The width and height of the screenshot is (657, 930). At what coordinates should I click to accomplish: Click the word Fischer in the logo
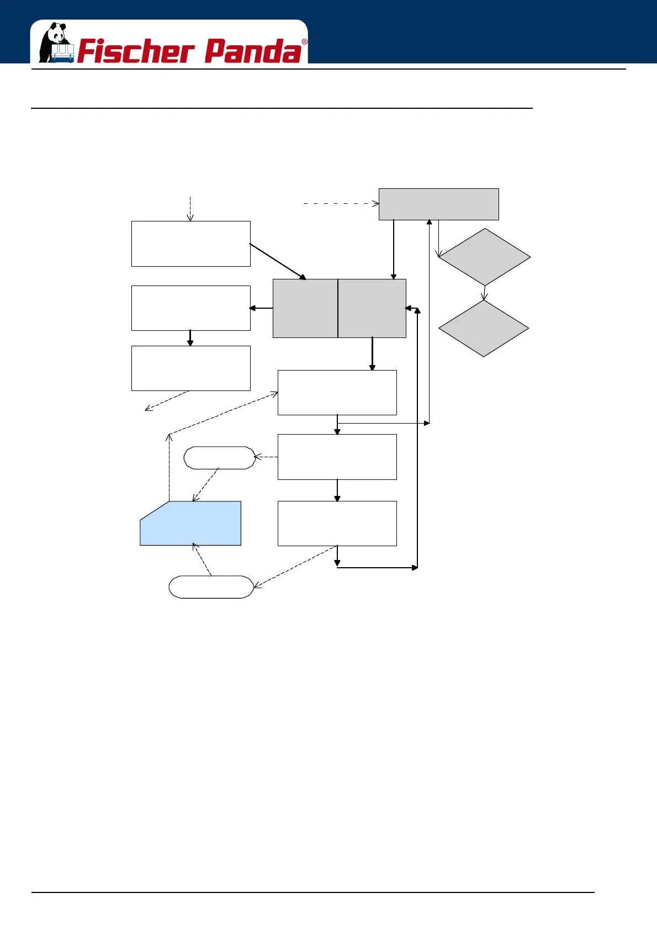(135, 51)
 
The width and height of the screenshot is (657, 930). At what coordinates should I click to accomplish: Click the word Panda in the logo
(253, 51)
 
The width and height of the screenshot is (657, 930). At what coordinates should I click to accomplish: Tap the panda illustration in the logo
(56, 43)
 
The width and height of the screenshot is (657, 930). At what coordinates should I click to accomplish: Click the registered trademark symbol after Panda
(304, 42)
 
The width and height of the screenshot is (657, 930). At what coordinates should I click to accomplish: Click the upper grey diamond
(484, 257)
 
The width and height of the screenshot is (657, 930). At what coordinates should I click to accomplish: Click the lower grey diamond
(484, 329)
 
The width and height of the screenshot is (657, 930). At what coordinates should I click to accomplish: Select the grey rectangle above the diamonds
(438, 204)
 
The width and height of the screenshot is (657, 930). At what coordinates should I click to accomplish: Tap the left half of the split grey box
(305, 308)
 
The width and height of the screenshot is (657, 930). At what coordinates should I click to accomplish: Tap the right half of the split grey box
(372, 308)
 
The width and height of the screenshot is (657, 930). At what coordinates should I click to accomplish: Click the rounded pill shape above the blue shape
(219, 458)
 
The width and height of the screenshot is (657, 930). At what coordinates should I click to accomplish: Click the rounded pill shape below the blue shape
(211, 587)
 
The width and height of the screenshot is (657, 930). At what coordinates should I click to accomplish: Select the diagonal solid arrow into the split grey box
(278, 261)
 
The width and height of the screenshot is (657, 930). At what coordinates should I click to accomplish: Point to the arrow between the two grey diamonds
(484, 293)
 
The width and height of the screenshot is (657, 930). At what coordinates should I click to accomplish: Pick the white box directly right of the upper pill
(337, 457)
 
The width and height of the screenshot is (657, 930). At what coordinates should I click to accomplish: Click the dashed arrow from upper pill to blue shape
(206, 485)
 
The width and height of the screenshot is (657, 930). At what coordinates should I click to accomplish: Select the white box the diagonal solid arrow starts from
(190, 244)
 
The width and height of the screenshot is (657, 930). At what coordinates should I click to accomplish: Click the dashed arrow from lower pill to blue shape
(202, 559)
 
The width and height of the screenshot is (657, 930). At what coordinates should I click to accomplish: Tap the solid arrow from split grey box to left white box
(261, 308)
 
